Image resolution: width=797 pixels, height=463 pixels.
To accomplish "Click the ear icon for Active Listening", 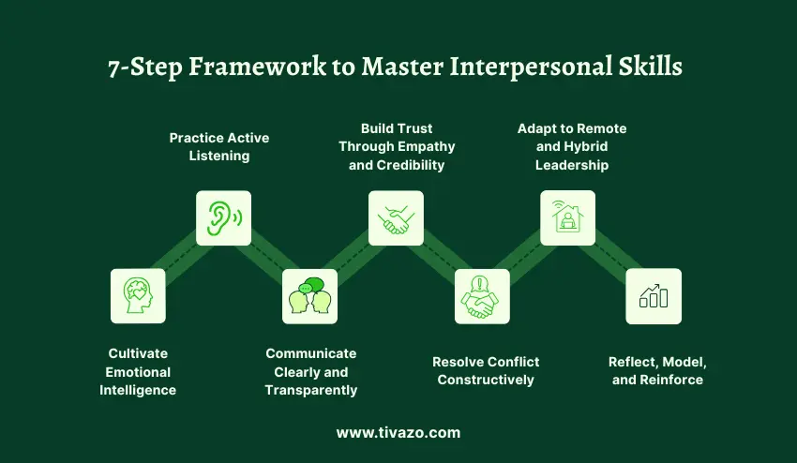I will pos(223,217).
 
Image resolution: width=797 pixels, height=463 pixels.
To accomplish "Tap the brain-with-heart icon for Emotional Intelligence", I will pos(138,296).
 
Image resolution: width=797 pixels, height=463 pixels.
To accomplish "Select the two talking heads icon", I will pos(309,296).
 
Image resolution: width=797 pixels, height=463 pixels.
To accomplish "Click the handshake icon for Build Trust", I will pos(396,217).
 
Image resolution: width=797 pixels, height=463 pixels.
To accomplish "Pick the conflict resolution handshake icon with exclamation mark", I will pos(482,296).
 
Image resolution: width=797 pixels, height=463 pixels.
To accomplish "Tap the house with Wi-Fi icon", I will pos(567,217).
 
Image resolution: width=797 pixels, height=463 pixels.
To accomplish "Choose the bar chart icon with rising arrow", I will pos(654,296).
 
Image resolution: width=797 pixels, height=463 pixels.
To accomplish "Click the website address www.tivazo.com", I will pos(398,433).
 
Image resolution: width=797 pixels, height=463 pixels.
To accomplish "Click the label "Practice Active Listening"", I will pos(219,146).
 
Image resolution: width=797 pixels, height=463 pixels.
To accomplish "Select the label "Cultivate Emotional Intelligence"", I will pos(138,371).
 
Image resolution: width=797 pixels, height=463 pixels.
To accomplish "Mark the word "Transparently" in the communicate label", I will pos(311,390).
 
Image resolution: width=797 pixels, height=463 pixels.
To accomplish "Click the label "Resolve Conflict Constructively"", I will pos(486,370).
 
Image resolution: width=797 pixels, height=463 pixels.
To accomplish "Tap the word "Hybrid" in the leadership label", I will pos(586,146).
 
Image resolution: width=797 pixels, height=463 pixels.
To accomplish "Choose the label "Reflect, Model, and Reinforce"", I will pos(657,370).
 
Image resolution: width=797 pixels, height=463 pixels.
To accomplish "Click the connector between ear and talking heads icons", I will pos(266,258).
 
